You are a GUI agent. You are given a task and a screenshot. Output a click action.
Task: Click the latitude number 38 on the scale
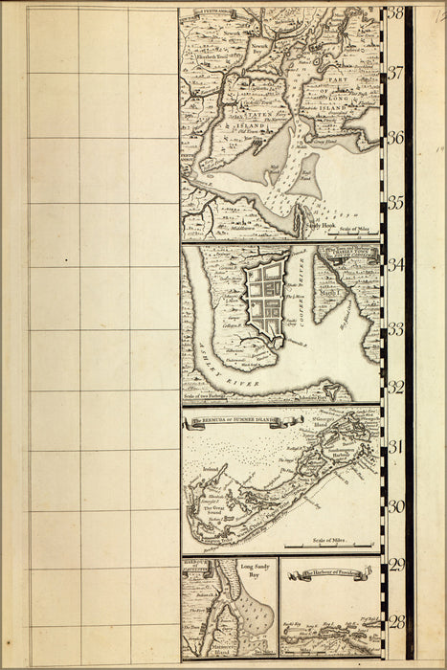[395, 12]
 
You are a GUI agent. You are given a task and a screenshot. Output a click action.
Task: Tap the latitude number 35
[395, 202]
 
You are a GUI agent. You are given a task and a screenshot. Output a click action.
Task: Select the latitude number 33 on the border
[395, 328]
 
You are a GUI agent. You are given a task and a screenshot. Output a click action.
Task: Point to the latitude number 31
[395, 446]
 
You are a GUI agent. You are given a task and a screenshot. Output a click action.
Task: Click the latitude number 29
[395, 565]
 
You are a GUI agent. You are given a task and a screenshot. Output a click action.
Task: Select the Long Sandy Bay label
[252, 571]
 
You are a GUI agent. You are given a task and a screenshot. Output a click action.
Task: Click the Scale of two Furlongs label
[214, 394]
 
